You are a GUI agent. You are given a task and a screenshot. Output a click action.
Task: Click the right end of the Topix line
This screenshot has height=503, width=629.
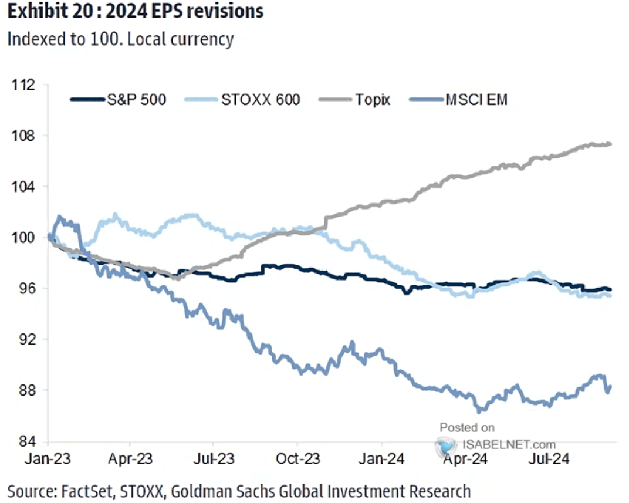pyautogui.click(x=611, y=144)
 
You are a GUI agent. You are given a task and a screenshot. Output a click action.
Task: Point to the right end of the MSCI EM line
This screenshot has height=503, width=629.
pyautogui.click(x=611, y=386)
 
